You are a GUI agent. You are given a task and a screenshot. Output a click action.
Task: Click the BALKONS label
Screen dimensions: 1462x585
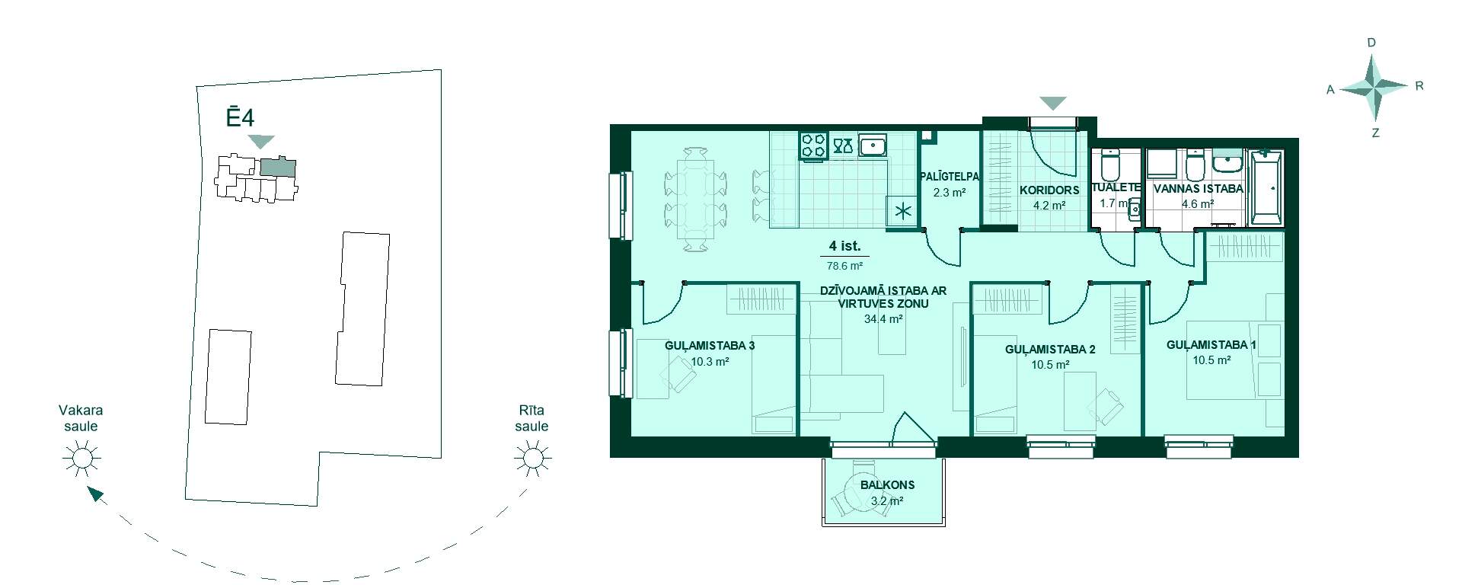pos(887,484)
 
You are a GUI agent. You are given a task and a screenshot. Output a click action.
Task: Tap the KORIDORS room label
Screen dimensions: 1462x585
pos(1049,190)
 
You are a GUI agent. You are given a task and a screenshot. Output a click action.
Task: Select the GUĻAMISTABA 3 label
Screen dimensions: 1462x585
pos(710,346)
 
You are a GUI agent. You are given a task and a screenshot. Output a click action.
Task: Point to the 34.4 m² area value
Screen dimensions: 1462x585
pos(883,319)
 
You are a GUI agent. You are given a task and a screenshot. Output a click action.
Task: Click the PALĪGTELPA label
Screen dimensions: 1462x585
pos(950,177)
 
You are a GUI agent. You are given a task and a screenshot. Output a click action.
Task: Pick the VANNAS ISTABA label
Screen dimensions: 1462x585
pos(1198,188)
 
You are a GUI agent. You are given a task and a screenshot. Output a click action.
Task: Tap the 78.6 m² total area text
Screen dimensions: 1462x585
pos(844,267)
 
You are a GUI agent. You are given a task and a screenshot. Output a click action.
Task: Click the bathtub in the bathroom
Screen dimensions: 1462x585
pos(1266,187)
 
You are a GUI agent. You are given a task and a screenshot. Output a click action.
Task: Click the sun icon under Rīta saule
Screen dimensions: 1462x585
pos(532,459)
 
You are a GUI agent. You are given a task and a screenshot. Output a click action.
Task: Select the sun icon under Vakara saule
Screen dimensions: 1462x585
pos(81,459)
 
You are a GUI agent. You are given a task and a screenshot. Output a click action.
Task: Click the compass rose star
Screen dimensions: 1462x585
pos(1374,88)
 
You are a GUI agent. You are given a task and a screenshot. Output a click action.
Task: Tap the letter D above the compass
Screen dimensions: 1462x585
pos(1372,43)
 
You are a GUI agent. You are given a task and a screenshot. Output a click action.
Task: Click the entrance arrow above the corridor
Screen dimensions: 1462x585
pos(1053,103)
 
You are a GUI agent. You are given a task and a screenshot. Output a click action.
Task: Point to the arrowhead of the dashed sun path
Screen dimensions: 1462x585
pos(95,495)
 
